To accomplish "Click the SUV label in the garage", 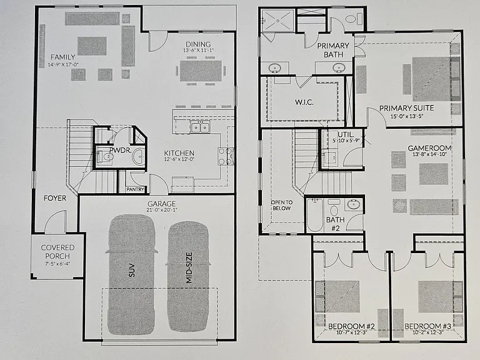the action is pyautogui.click(x=132, y=270).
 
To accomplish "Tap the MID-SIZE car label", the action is pyautogui.click(x=189, y=268).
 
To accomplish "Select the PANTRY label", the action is pyautogui.click(x=135, y=189).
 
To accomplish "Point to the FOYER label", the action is pyautogui.click(x=55, y=198).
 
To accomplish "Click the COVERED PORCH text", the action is pyautogui.click(x=57, y=252).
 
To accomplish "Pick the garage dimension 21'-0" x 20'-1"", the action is pyautogui.click(x=162, y=210).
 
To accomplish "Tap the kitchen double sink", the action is pyautogui.click(x=200, y=127).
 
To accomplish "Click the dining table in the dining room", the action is pyautogui.click(x=201, y=71).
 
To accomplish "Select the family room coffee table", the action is pyautogui.click(x=92, y=46).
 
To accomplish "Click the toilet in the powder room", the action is pyautogui.click(x=106, y=157).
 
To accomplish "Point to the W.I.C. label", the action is pyautogui.click(x=304, y=102).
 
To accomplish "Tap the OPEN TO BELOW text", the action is pyautogui.click(x=282, y=205).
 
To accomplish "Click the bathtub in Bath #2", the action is pyautogui.click(x=315, y=215).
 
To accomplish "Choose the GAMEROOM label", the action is pyautogui.click(x=429, y=148).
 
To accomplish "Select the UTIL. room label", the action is pyautogui.click(x=346, y=134).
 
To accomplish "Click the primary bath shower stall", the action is pyautogui.click(x=278, y=20).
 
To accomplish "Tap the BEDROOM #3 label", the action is pyautogui.click(x=427, y=326).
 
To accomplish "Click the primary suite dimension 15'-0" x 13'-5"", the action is pyautogui.click(x=406, y=116).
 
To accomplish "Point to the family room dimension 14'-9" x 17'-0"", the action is pyautogui.click(x=63, y=65).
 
